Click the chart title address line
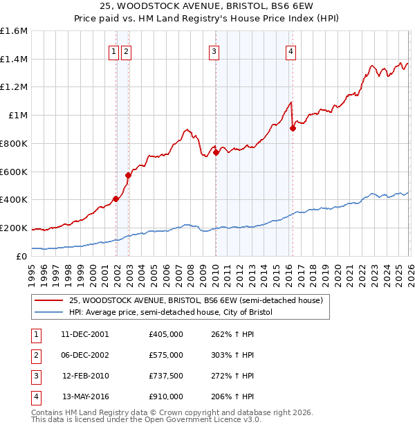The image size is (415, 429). tap(207, 7)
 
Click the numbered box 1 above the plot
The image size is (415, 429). tap(113, 51)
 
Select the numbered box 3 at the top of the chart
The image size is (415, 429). tap(214, 51)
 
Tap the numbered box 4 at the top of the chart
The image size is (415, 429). tap(291, 51)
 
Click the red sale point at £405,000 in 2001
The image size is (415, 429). tap(116, 199)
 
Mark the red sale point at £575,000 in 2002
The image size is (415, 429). tap(128, 175)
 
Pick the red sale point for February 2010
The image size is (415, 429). tap(216, 152)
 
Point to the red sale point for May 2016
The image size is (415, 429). tap(293, 128)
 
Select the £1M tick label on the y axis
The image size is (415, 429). tap(19, 116)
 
